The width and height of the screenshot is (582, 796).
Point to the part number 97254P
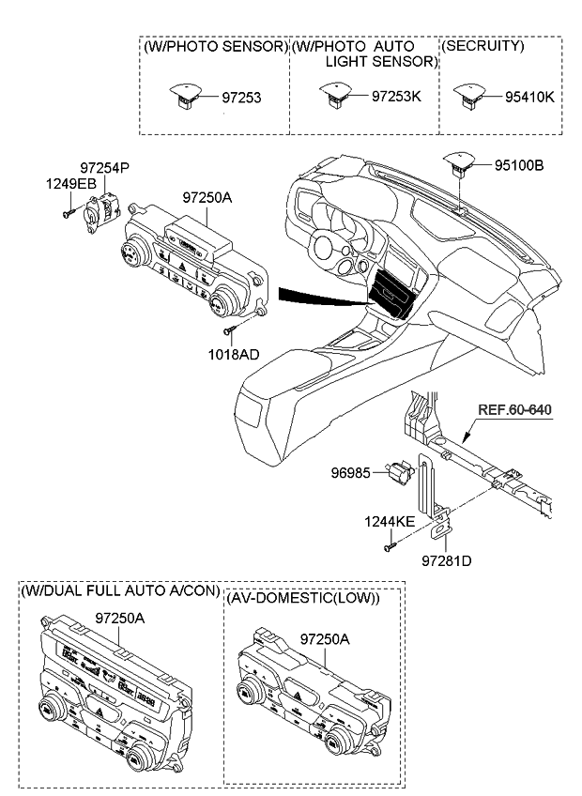click(x=104, y=167)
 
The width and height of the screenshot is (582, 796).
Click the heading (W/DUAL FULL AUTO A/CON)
click(x=120, y=591)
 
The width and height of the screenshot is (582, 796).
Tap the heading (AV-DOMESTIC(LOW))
click(x=302, y=599)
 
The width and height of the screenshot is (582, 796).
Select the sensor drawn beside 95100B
click(x=461, y=166)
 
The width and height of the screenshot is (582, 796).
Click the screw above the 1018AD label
click(x=230, y=329)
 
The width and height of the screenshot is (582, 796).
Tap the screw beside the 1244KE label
click(x=388, y=543)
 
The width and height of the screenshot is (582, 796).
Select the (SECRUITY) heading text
click(x=483, y=45)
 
